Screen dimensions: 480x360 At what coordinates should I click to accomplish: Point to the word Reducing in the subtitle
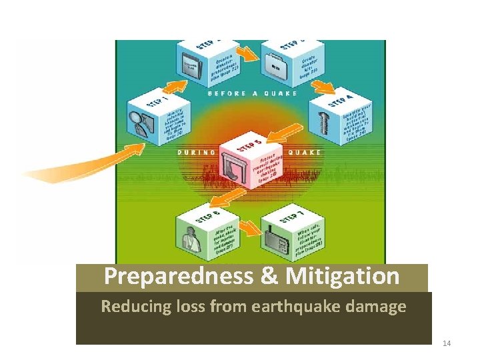click(129, 307)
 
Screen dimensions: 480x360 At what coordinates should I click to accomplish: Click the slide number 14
click(446, 343)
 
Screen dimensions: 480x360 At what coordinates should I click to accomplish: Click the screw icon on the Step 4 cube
click(327, 123)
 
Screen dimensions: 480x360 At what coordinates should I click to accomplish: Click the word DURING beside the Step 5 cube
click(197, 152)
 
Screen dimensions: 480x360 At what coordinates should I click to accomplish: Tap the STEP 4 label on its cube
click(341, 101)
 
